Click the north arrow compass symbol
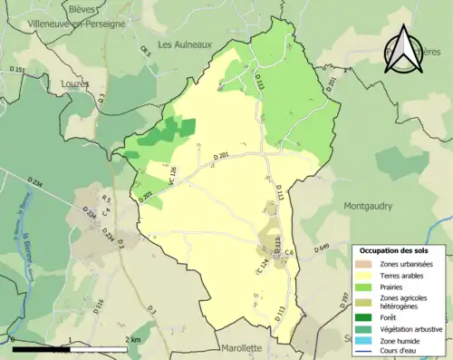[405, 50]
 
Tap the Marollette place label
[240, 347]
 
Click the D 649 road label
[322, 248]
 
